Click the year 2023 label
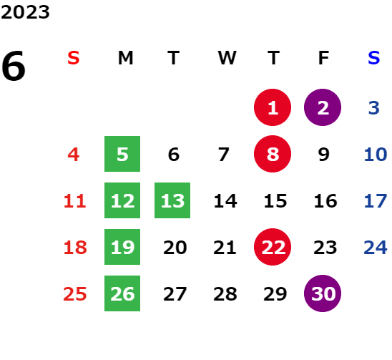(x=25, y=12)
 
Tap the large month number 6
(x=14, y=66)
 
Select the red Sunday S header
(x=74, y=58)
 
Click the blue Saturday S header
(x=373, y=58)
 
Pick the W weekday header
(x=227, y=58)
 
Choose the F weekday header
(x=323, y=58)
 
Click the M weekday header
(x=125, y=58)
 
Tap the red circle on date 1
(x=273, y=107)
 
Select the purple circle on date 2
(x=323, y=107)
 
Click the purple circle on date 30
(x=323, y=293)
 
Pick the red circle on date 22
(x=273, y=247)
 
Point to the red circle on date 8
(x=273, y=154)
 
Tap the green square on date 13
(x=172, y=200)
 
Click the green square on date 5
(x=122, y=154)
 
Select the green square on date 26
(x=122, y=293)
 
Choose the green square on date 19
(x=122, y=247)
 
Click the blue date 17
(x=376, y=201)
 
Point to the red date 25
(x=75, y=294)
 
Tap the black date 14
(x=225, y=201)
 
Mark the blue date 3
(x=374, y=108)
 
